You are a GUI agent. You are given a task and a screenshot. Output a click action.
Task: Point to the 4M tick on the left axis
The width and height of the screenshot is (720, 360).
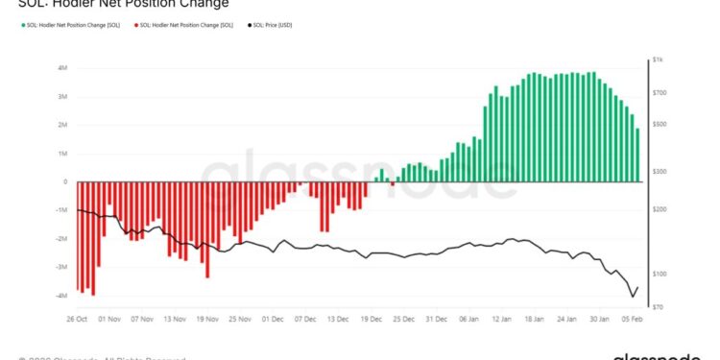62,68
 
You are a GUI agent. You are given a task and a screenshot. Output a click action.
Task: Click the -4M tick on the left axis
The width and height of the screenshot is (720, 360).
60,296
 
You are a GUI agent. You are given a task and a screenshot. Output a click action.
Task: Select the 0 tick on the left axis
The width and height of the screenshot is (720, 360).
65,181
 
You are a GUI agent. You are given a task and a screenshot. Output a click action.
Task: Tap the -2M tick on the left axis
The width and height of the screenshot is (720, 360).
60,239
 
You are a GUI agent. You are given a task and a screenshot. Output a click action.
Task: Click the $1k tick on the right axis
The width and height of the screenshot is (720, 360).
658,60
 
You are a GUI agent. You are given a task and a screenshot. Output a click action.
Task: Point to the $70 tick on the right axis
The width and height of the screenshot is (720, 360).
658,307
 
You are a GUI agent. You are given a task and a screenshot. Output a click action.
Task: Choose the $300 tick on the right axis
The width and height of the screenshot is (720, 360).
659,171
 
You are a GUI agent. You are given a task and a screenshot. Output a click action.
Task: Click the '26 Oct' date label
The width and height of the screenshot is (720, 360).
77,318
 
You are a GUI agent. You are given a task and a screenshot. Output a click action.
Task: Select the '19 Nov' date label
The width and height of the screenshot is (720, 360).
208,318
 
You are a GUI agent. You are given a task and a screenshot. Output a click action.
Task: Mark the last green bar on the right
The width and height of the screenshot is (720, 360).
636,156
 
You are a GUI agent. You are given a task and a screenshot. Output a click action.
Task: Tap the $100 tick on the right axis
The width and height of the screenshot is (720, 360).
658,275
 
